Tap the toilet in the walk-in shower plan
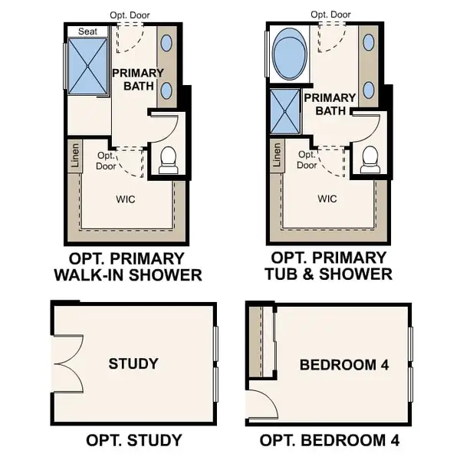pyautogui.click(x=168, y=159)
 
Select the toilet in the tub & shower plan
pyautogui.click(x=370, y=159)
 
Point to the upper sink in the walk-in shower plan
pyautogui.click(x=167, y=44)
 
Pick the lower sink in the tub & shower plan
pyautogui.click(x=370, y=90)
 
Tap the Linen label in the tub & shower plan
pyautogui.click(x=277, y=156)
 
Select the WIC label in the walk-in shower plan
pyautogui.click(x=126, y=199)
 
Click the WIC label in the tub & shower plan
pyautogui.click(x=327, y=199)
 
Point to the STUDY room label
pyautogui.click(x=133, y=363)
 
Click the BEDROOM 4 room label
pyautogui.click(x=344, y=365)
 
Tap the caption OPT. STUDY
pyautogui.click(x=133, y=439)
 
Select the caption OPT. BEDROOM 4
pyautogui.click(x=330, y=439)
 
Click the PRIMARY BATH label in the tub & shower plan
pyautogui.click(x=330, y=103)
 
